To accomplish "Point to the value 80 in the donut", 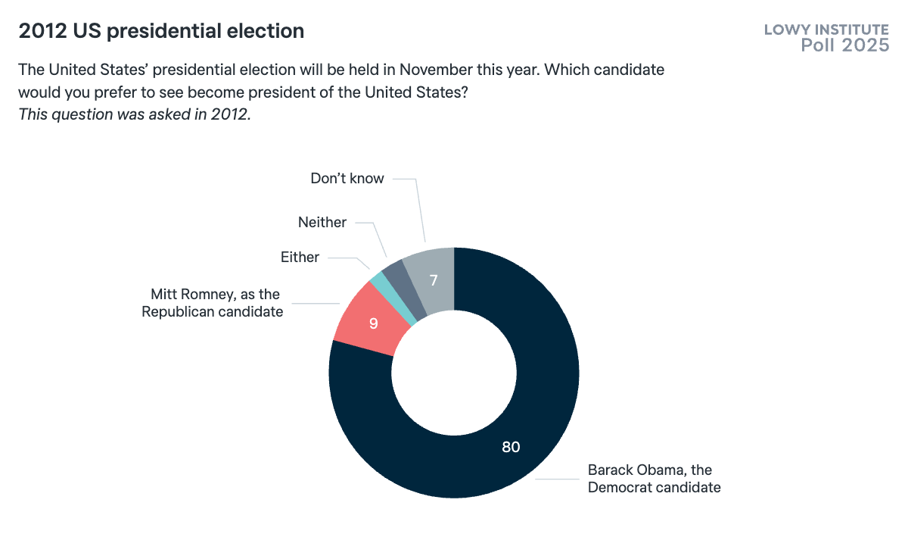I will point(511,447).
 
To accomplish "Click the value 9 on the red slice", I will point(374,323).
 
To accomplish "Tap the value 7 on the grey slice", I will point(434,280).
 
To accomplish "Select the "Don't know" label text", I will point(347,179).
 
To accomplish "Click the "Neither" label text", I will point(322,223).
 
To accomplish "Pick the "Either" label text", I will point(300,258).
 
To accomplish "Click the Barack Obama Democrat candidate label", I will point(654,479).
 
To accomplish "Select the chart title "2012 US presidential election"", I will point(161,31).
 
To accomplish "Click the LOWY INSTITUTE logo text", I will point(826,30).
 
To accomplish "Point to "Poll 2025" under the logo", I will point(845,45).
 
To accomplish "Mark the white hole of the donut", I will point(454,373).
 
